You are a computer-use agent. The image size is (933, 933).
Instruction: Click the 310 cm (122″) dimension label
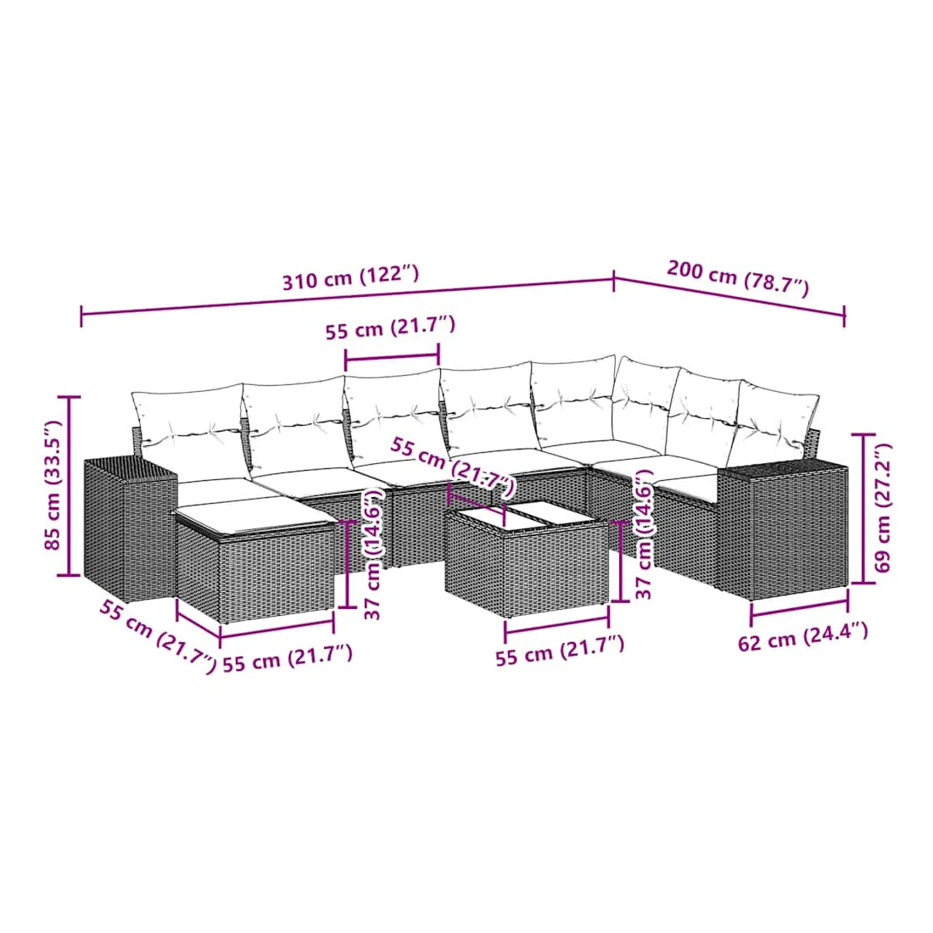pyautogui.click(x=350, y=277)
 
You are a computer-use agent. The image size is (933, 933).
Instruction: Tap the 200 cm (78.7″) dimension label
pyautogui.click(x=738, y=277)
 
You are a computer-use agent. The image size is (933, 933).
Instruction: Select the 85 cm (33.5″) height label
pyautogui.click(x=53, y=484)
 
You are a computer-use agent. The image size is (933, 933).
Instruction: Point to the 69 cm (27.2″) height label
pyautogui.click(x=882, y=507)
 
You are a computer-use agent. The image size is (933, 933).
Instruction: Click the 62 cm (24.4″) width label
pyautogui.click(x=802, y=636)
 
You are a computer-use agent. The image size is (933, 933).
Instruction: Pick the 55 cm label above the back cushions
pyautogui.click(x=390, y=328)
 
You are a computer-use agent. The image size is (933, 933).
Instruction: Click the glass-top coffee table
pyautogui.click(x=527, y=556)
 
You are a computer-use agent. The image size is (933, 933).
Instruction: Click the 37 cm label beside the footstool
pyautogui.click(x=372, y=554)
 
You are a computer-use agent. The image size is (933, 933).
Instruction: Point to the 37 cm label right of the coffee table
pyautogui.click(x=645, y=534)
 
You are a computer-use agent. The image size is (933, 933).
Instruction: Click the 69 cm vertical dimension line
pyautogui.click(x=863, y=509)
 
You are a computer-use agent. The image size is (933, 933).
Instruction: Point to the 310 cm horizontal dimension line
pyautogui.click(x=347, y=296)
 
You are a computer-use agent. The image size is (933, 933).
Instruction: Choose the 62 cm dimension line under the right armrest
pyautogui.click(x=800, y=607)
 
